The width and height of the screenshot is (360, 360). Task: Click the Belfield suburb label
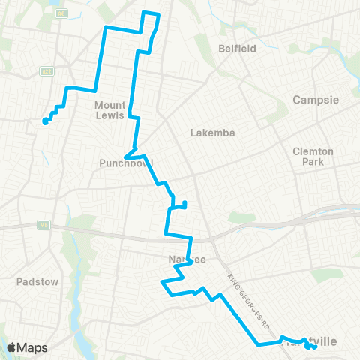[237, 49]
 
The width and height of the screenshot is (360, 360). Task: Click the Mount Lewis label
[110, 111]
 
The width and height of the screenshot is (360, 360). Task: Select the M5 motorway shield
[44, 224]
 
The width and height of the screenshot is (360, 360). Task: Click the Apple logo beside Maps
[12, 347]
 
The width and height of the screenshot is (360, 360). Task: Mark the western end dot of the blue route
[46, 122]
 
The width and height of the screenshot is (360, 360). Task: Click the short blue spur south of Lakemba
[184, 204]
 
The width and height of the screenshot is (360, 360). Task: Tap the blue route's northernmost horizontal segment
[151, 13]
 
